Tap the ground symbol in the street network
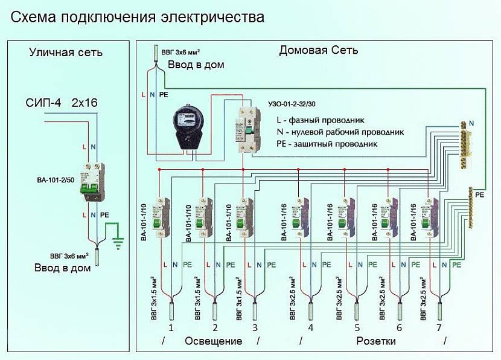[x=118, y=242]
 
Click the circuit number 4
[x=310, y=328]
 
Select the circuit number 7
[x=439, y=328]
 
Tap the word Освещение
[x=213, y=341]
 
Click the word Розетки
[x=375, y=341]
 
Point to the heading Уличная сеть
[x=66, y=53]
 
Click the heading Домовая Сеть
[x=318, y=50]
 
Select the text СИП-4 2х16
[x=63, y=103]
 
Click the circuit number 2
[x=214, y=328]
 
